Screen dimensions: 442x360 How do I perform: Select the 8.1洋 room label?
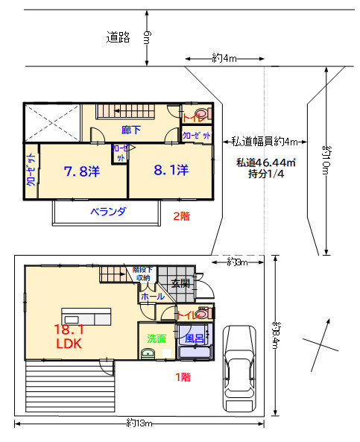(171, 170)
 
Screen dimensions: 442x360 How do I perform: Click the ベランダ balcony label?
(108, 212)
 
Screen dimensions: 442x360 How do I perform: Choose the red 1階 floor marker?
(182, 377)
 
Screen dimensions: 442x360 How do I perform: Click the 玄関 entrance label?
(180, 283)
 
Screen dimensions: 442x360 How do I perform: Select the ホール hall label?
(152, 297)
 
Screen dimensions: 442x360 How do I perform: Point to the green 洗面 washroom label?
(157, 338)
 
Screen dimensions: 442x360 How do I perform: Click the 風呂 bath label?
(195, 338)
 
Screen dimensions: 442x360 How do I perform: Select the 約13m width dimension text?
(139, 423)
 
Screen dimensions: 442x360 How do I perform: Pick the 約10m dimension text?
(326, 160)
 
